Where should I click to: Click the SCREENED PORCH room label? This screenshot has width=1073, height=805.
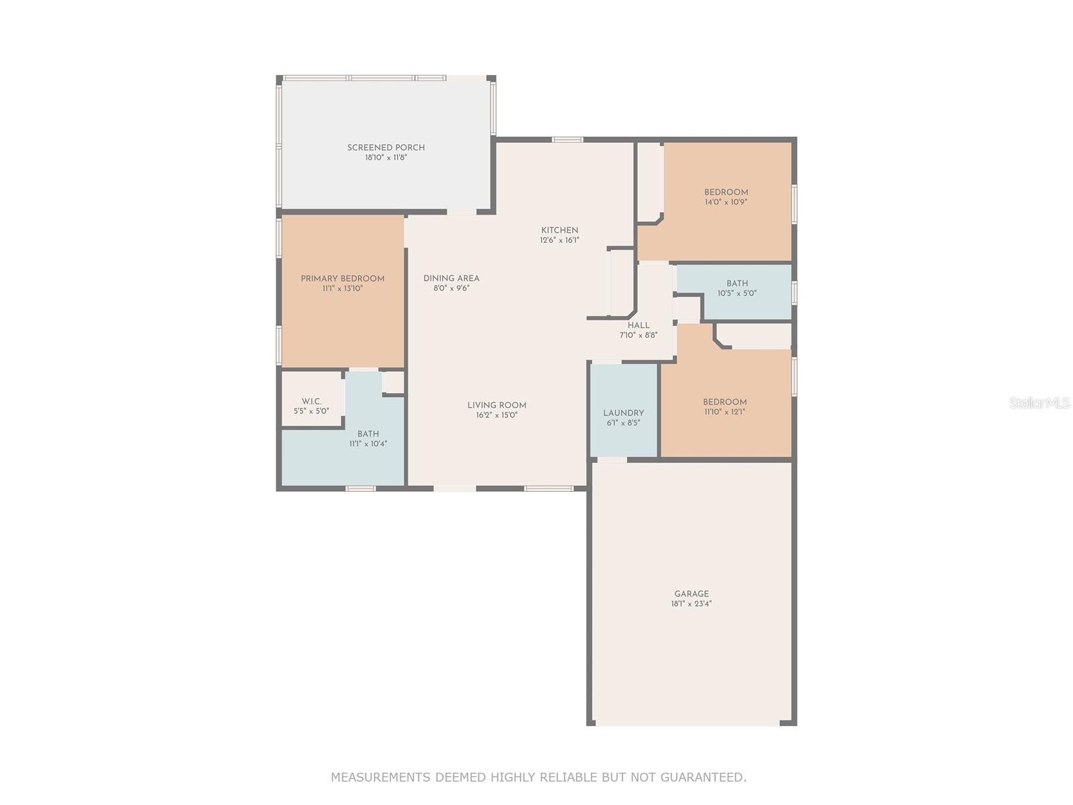point(386,147)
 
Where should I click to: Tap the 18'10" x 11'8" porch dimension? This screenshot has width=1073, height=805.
point(386,158)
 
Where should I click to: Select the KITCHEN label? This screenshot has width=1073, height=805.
point(559,229)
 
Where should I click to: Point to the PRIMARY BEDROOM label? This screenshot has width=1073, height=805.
point(342,278)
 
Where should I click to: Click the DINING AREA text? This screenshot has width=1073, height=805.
point(451,278)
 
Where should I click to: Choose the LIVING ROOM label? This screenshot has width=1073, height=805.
point(497,405)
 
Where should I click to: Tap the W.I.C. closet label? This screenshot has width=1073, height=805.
point(311,400)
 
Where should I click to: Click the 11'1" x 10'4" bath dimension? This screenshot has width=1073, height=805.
point(368,444)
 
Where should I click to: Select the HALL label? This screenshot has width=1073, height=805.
point(638,325)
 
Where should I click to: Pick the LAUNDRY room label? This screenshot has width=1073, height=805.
point(623,413)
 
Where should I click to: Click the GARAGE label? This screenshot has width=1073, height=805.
point(691,594)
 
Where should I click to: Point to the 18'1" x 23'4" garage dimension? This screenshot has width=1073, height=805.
point(691,604)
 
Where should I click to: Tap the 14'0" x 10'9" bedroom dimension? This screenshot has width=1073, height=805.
point(726,202)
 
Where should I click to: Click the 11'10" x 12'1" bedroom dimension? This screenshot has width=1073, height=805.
point(724,411)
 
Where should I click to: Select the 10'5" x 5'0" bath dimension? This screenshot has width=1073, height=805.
point(736,293)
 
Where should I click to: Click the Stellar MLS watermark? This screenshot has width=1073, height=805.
point(1039,402)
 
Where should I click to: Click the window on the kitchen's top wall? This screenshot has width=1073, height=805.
point(567,140)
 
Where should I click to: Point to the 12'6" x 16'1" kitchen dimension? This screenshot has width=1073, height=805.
point(559,240)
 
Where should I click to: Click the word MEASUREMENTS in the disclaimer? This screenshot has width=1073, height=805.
point(381,777)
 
